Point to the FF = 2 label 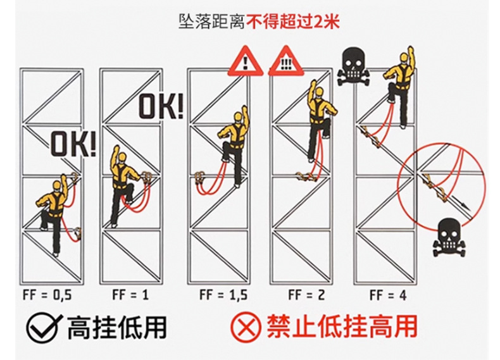[302, 294]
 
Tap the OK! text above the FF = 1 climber [161, 106]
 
